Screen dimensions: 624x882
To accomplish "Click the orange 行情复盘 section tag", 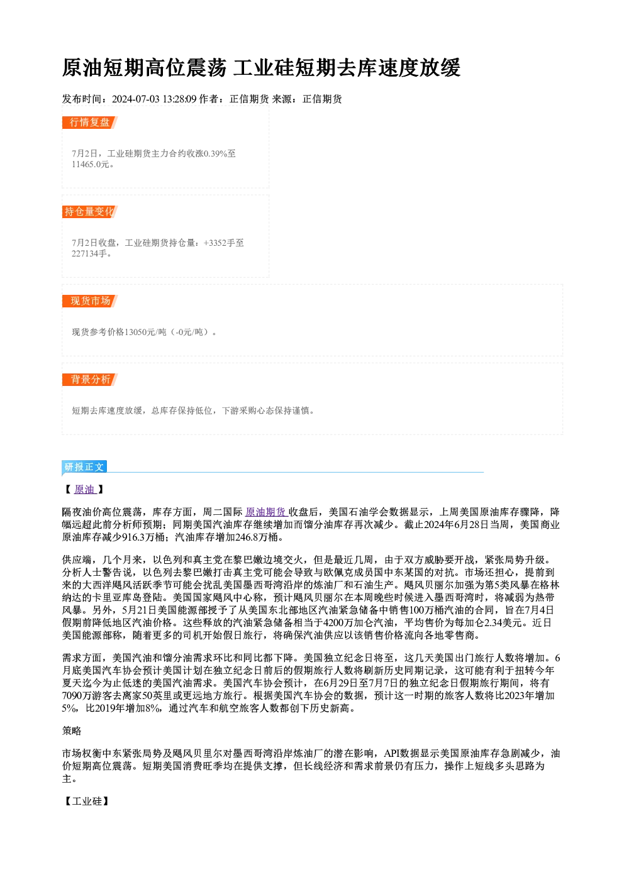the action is pos(90,123).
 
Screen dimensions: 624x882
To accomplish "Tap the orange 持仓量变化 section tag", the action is pos(90,212).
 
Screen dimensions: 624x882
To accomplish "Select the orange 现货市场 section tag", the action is pos(90,301).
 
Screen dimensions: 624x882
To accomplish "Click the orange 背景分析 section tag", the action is pos(90,380).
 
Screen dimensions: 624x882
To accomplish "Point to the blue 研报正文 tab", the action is pos(84,467).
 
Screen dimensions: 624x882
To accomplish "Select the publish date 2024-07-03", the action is pos(135,99).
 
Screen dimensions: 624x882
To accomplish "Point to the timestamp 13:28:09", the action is pos(179,99).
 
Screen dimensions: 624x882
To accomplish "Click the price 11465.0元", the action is pos(90,164).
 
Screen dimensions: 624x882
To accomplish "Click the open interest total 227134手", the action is pos(89,253).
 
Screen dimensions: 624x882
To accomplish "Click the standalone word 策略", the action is pos(72,731).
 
